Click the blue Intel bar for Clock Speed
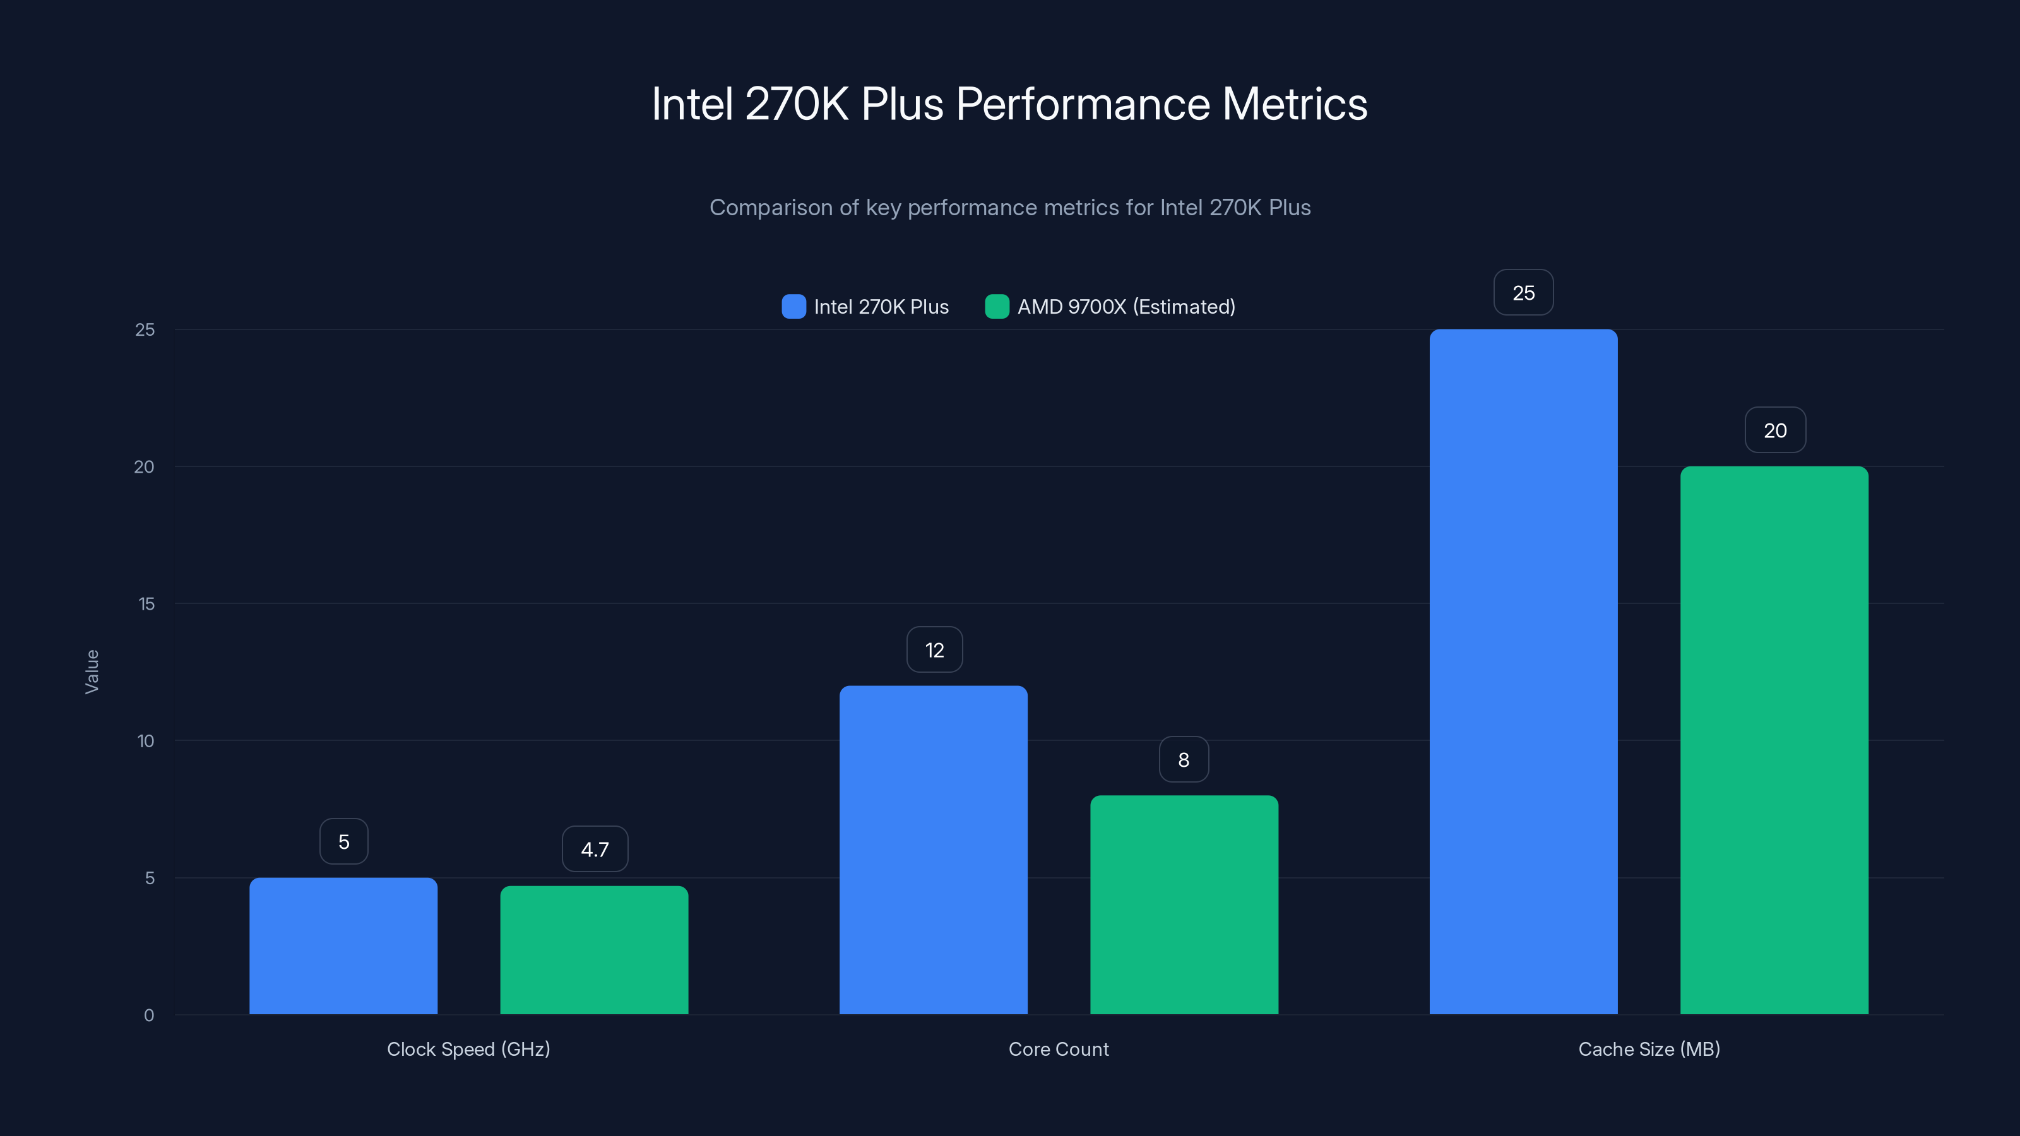pos(343,945)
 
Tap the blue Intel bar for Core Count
pos(933,850)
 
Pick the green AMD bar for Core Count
pos(1184,905)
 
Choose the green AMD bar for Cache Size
pos(1774,740)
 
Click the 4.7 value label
pos(595,849)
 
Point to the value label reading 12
pos(934,650)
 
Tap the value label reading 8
pos(1184,760)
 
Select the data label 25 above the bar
pos(1523,293)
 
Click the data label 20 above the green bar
pos(1774,430)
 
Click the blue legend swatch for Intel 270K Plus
pos(793,307)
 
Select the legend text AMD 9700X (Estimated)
pos(1126,307)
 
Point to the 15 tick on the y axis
pos(146,604)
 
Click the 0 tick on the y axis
pos(149,1015)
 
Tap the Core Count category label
pos(1059,1049)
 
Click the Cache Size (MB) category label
pos(1648,1049)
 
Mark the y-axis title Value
pos(92,671)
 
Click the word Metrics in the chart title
pos(1294,104)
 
